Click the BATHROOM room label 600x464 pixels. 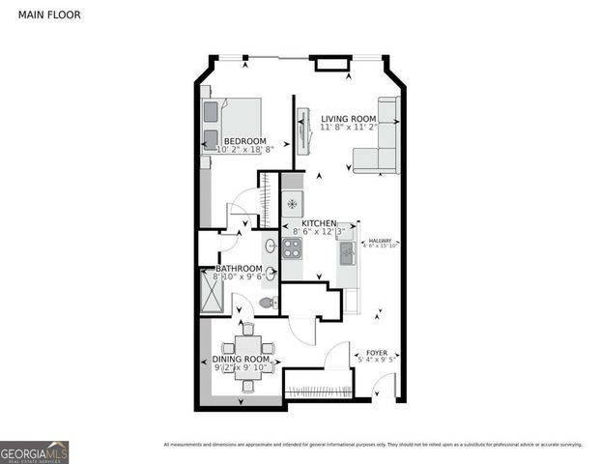coord(239,269)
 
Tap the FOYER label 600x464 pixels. coord(377,354)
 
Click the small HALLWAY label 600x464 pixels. coord(380,241)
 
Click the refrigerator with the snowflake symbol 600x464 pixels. coord(293,205)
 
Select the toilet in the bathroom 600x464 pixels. coord(268,304)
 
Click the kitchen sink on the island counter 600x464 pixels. coord(347,254)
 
